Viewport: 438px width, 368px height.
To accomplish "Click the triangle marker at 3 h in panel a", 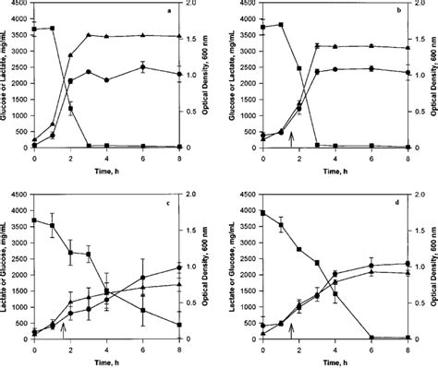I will click(89, 35).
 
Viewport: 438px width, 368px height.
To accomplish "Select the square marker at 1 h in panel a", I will click(53, 29).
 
